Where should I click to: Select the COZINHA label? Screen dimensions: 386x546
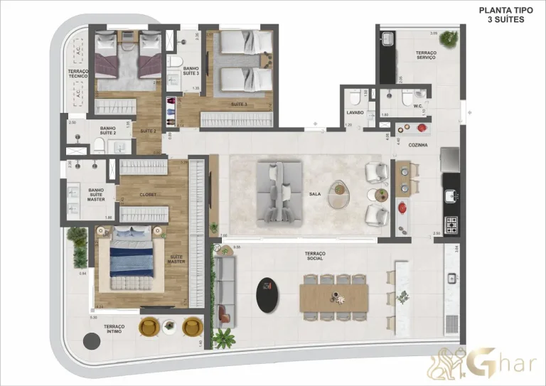pyautogui.click(x=417, y=145)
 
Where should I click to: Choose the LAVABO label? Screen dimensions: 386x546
pyautogui.click(x=355, y=112)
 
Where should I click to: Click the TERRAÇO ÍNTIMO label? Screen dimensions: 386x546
pyautogui.click(x=114, y=329)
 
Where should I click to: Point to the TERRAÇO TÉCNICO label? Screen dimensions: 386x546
pyautogui.click(x=78, y=75)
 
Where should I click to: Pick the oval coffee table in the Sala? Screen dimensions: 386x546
pyautogui.click(x=341, y=193)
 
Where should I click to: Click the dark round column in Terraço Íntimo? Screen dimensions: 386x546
pyautogui.click(x=92, y=342)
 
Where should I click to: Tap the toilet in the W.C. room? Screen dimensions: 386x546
pyautogui.click(x=406, y=97)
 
